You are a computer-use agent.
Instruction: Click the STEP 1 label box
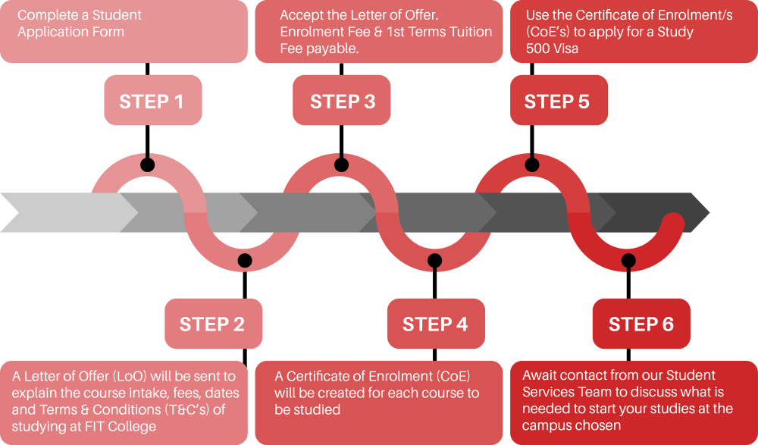[x=152, y=101]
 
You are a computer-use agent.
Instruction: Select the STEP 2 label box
[x=213, y=324]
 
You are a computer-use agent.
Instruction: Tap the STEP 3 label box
[x=343, y=101]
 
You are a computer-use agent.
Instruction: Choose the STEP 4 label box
[x=435, y=324]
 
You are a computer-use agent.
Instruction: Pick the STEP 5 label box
[x=557, y=101]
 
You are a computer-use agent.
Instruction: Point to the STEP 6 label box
[x=641, y=324]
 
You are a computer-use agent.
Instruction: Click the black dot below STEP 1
[x=148, y=165]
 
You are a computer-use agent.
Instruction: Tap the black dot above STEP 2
[x=244, y=261]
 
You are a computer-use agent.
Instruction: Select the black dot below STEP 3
[x=342, y=165]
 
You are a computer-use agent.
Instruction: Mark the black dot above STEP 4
[x=435, y=261]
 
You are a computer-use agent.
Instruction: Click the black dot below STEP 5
[x=532, y=165]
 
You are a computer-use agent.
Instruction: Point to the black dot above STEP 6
[x=628, y=261]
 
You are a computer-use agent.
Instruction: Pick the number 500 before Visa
[x=538, y=49]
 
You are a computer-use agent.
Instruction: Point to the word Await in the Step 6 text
[x=540, y=375]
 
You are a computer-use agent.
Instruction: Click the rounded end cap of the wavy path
[x=672, y=224]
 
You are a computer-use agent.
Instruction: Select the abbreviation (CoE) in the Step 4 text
[x=451, y=376]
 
